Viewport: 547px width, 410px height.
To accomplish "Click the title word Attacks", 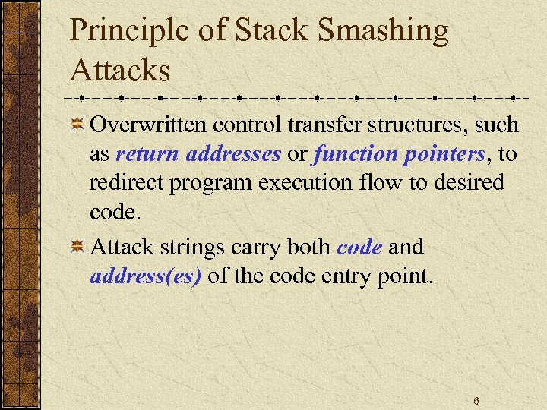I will [x=120, y=70].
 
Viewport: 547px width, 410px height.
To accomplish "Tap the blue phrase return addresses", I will [x=198, y=154].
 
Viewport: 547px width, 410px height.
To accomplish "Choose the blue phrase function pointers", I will [x=399, y=154].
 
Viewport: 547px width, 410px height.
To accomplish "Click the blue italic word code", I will [x=359, y=248].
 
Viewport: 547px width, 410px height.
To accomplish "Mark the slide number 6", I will [x=476, y=400].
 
